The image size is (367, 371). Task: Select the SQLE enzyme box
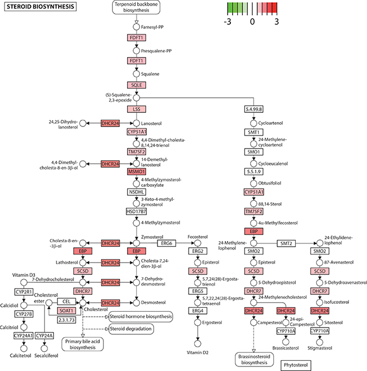(136, 85)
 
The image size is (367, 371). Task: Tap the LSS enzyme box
(136, 108)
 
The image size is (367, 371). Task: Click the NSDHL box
(136, 192)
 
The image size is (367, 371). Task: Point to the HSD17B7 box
(136, 211)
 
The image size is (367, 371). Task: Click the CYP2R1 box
(24, 293)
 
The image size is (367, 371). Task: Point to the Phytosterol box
(300, 365)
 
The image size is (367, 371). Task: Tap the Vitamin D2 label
(197, 352)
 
